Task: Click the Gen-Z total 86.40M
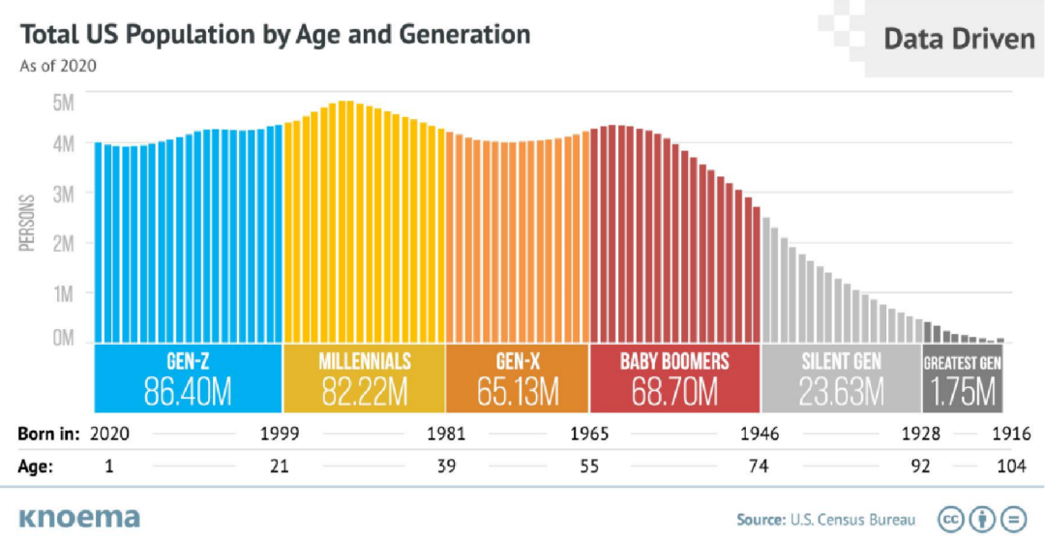click(x=188, y=391)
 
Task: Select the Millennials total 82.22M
click(x=365, y=391)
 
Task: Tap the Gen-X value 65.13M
click(x=518, y=391)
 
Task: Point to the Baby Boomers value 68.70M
click(x=674, y=391)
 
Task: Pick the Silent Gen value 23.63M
click(x=842, y=391)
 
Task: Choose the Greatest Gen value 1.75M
click(x=962, y=391)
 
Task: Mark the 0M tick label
click(x=63, y=340)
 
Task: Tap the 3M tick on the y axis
click(x=63, y=195)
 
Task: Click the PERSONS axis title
click(x=27, y=224)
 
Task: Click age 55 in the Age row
click(x=588, y=467)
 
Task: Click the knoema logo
click(x=78, y=517)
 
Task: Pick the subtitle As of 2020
click(x=57, y=67)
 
